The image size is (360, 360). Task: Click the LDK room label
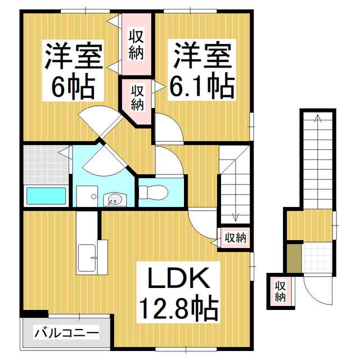pos(178,279)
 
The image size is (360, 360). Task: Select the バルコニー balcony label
pos(66,333)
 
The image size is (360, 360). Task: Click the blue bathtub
pos(46,196)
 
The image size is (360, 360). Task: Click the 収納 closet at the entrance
pos(281,290)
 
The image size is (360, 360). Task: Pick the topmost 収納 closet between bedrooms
pos(137,45)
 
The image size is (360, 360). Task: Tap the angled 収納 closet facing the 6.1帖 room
pos(137,97)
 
